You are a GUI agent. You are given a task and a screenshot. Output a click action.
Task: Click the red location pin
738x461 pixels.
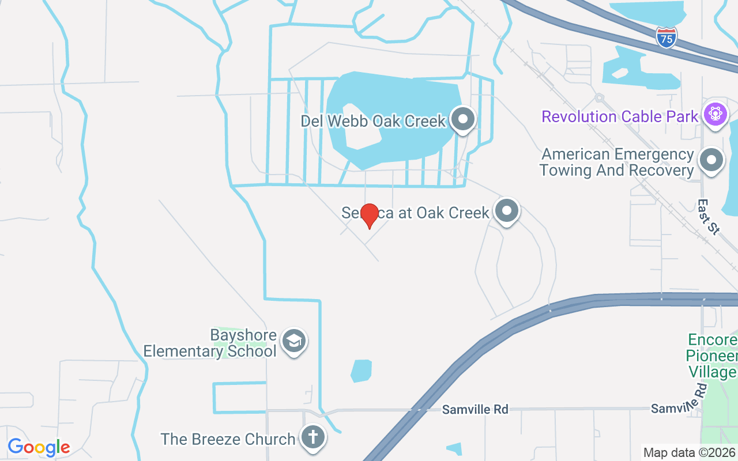(369, 214)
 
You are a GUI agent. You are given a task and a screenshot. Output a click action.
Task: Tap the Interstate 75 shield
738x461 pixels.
(666, 38)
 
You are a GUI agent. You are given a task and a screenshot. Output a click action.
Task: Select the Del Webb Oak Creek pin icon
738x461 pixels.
(462, 120)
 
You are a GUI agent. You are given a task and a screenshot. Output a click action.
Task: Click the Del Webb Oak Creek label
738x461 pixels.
(374, 121)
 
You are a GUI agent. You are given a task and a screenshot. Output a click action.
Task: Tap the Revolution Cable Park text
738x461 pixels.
(620, 116)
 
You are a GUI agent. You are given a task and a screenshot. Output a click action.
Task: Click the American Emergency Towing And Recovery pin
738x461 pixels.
(711, 161)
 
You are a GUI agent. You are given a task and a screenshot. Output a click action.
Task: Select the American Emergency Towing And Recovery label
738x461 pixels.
(617, 163)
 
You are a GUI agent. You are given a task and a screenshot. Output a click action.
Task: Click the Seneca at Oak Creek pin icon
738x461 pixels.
(507, 211)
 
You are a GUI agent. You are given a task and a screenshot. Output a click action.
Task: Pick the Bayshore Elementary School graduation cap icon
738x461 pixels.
(295, 342)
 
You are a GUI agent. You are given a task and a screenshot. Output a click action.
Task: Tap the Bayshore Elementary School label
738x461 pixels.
(210, 343)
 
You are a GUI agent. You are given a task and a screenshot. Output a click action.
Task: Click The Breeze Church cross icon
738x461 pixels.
(313, 437)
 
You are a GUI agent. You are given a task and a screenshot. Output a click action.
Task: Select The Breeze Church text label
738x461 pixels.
(228, 439)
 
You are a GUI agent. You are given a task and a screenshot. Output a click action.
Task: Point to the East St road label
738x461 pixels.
(709, 217)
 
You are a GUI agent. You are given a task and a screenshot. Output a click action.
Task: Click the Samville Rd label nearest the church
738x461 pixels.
(476, 409)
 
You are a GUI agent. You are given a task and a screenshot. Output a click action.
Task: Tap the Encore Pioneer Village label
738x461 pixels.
(711, 356)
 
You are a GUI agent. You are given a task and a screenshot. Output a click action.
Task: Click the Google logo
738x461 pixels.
(39, 447)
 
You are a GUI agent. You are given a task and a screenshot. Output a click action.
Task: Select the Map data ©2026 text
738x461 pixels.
(690, 453)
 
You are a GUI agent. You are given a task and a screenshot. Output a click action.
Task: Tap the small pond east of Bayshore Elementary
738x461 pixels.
(361, 371)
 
